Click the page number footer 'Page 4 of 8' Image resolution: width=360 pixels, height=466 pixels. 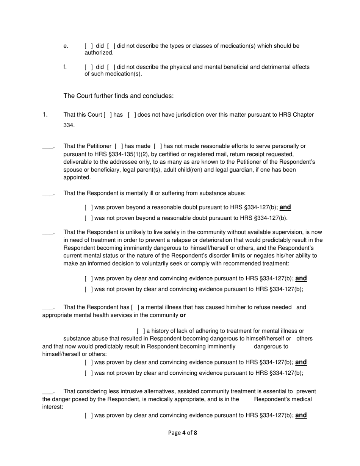coord(183,432)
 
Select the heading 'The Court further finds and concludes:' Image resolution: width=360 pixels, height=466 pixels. coord(119,96)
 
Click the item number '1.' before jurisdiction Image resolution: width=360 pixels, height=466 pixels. coord(45,114)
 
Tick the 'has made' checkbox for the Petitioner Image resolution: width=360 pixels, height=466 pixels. coord(119,146)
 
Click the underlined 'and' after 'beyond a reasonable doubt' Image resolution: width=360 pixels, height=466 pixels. coord(285,207)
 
